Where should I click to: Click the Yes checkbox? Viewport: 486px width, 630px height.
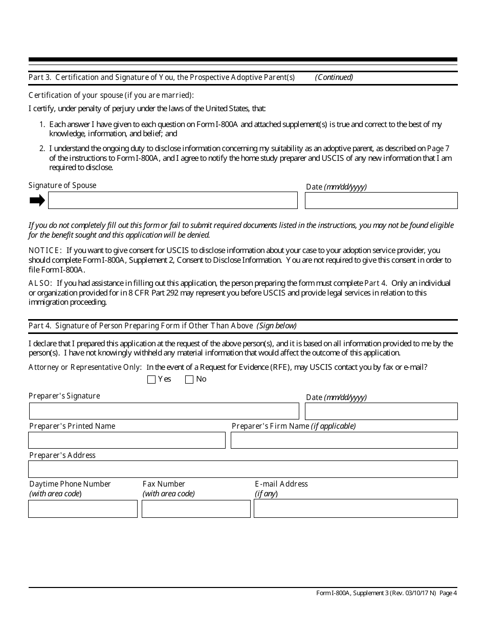pyautogui.click(x=151, y=380)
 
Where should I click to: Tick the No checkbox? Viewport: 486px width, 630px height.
pyautogui.click(x=189, y=380)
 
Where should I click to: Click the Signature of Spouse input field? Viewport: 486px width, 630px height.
pyautogui.click(x=172, y=200)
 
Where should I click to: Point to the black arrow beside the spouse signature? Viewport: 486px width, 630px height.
pyautogui.click(x=37, y=200)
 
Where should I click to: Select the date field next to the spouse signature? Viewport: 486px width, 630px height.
pyautogui.click(x=381, y=200)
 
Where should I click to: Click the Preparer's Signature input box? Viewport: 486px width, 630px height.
pyautogui.click(x=164, y=411)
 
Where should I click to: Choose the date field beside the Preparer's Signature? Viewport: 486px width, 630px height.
pyautogui.click(x=381, y=411)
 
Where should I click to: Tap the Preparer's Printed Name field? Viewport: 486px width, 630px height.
pyautogui.click(x=126, y=440)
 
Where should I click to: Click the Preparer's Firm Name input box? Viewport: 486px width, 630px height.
pyautogui.click(x=344, y=440)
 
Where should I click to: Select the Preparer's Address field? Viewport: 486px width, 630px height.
pyautogui.click(x=242, y=469)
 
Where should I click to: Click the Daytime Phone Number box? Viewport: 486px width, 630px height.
pyautogui.click(x=82, y=509)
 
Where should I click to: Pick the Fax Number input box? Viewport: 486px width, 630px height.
pyautogui.click(x=196, y=509)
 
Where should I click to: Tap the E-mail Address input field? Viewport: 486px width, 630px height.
pyautogui.click(x=356, y=509)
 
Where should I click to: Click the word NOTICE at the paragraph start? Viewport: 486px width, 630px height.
pyautogui.click(x=45, y=250)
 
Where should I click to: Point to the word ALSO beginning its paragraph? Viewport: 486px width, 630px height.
pyautogui.click(x=40, y=283)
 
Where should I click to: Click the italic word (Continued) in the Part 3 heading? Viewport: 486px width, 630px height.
pyautogui.click(x=334, y=77)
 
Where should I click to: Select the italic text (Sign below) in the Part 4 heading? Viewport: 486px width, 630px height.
pyautogui.click(x=277, y=326)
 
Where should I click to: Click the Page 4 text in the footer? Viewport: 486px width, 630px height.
pyautogui.click(x=448, y=593)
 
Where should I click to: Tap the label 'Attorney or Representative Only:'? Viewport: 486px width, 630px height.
pyautogui.click(x=85, y=367)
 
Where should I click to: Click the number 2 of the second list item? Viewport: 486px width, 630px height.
pyautogui.click(x=42, y=149)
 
